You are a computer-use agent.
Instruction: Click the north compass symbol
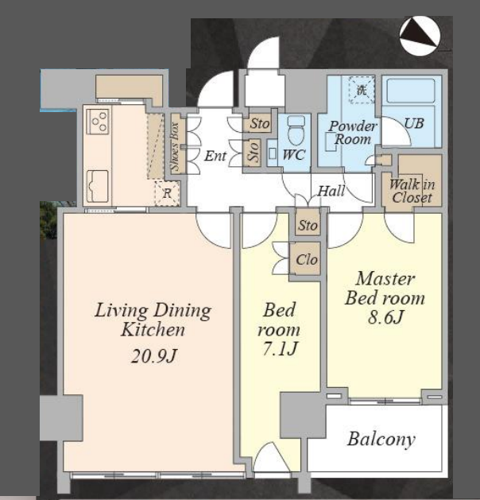click(x=420, y=36)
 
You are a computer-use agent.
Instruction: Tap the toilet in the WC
click(x=296, y=130)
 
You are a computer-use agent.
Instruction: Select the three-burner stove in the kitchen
click(x=98, y=121)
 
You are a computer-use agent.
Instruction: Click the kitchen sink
click(x=97, y=186)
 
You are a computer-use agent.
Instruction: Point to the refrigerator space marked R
click(x=167, y=193)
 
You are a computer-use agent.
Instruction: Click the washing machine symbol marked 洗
click(x=362, y=90)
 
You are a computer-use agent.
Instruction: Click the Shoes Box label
click(x=176, y=146)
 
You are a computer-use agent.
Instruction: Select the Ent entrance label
click(x=215, y=156)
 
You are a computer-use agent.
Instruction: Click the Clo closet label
click(x=307, y=260)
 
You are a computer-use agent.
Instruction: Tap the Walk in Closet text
click(x=412, y=191)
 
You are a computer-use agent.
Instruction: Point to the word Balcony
click(x=381, y=440)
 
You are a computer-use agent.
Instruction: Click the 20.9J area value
click(x=153, y=355)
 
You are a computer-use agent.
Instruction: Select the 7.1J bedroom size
click(x=280, y=348)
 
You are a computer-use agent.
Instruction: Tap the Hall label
click(x=331, y=191)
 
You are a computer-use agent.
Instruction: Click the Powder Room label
click(x=353, y=133)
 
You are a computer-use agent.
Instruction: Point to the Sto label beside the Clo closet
click(x=308, y=226)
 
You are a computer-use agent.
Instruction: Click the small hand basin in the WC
click(x=273, y=153)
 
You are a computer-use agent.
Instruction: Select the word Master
click(x=385, y=279)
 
